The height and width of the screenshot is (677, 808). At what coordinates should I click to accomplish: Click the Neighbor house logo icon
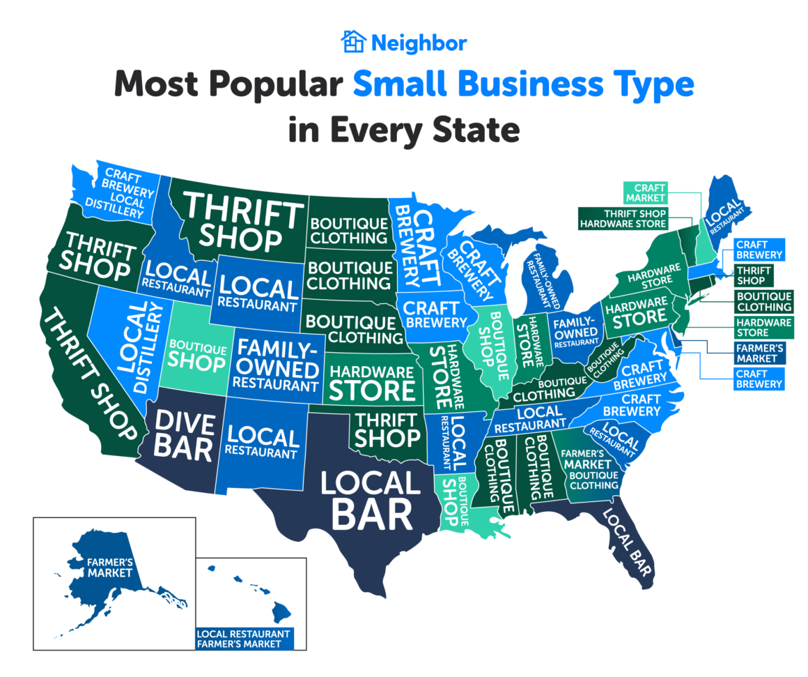coord(353,42)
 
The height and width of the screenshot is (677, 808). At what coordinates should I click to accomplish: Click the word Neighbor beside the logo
coord(418,43)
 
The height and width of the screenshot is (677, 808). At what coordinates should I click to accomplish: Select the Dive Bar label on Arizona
coord(183,436)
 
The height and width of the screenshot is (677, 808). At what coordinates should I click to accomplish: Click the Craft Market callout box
coord(646,192)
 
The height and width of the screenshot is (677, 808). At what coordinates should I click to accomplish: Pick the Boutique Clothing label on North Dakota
coord(349,231)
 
